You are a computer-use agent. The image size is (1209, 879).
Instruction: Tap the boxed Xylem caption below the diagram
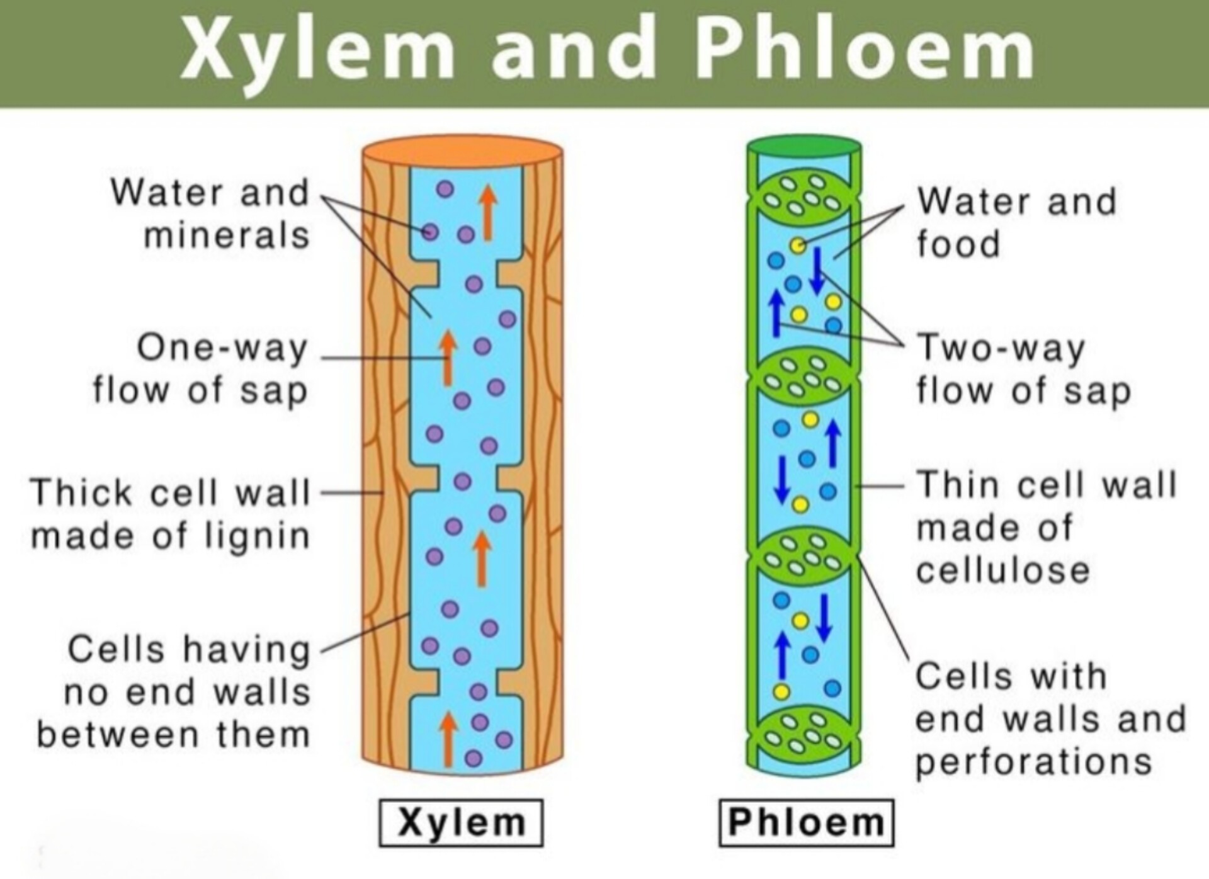(x=461, y=822)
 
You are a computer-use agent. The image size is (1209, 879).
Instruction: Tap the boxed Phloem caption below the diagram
(x=806, y=822)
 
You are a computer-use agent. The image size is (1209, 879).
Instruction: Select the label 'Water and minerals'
(x=210, y=214)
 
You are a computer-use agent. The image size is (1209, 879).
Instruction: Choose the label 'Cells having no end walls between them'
(x=174, y=691)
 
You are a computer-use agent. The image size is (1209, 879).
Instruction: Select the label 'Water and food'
(x=1016, y=222)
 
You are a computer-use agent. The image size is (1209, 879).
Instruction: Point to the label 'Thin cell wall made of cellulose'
(x=1046, y=528)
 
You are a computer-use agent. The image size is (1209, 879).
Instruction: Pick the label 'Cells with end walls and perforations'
(x=1050, y=719)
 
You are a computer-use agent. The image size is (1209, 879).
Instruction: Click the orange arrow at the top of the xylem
(x=487, y=213)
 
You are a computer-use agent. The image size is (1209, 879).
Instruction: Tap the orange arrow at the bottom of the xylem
(x=448, y=739)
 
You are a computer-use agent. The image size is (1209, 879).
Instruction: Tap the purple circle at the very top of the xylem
(x=445, y=189)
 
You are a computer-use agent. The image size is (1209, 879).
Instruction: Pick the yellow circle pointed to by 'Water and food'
(x=798, y=245)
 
